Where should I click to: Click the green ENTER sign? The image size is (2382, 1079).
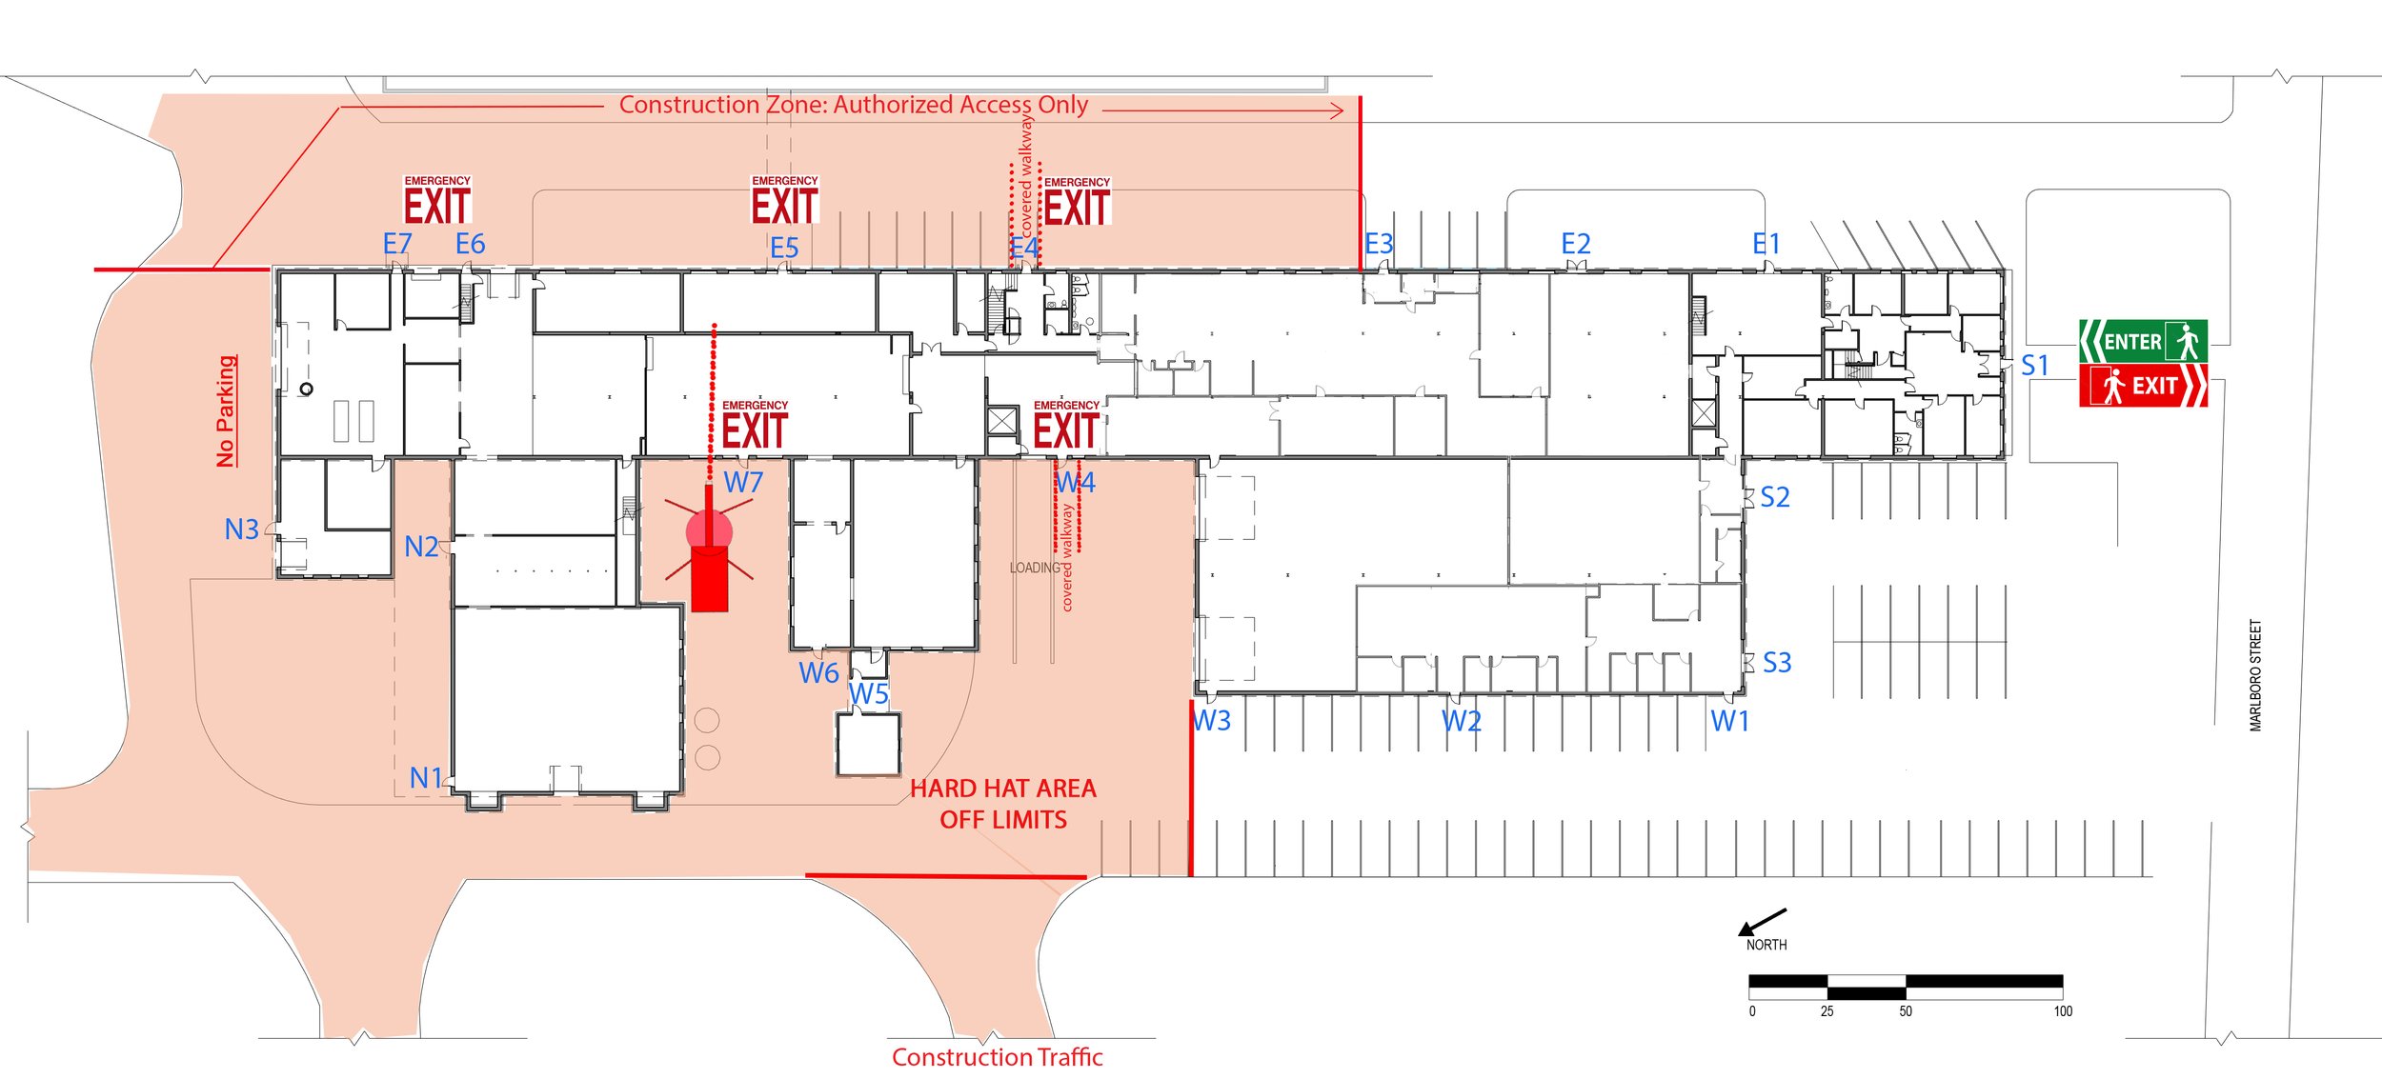coord(2142,341)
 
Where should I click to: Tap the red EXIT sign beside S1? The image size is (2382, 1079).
coord(2142,386)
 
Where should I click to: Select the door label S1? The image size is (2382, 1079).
coord(2034,366)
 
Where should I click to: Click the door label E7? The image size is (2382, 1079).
coord(397,244)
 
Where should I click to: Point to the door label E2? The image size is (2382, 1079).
coord(1576,244)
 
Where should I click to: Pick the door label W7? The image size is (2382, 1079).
coord(743,483)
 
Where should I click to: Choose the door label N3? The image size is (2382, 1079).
coord(241,530)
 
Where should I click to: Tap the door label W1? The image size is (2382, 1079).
coord(1730,722)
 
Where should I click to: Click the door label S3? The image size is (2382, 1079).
coord(1777,663)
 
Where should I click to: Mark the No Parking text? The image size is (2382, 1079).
coord(226,411)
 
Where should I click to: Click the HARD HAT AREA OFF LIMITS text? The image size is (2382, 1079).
coord(1003,804)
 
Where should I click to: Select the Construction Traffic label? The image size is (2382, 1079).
coord(997,1057)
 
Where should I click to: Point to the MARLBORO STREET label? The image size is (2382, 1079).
coord(2255,675)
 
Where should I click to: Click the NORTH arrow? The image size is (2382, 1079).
coord(1763,921)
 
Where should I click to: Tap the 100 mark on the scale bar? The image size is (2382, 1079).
coord(2063,1011)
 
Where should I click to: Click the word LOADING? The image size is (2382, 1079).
coord(1035,568)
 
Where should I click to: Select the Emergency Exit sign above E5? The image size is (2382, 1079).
coord(784,201)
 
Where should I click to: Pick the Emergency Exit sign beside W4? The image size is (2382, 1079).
coord(1066,426)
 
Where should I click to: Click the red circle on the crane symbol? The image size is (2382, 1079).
coord(709,530)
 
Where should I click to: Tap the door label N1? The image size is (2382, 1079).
coord(426,778)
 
